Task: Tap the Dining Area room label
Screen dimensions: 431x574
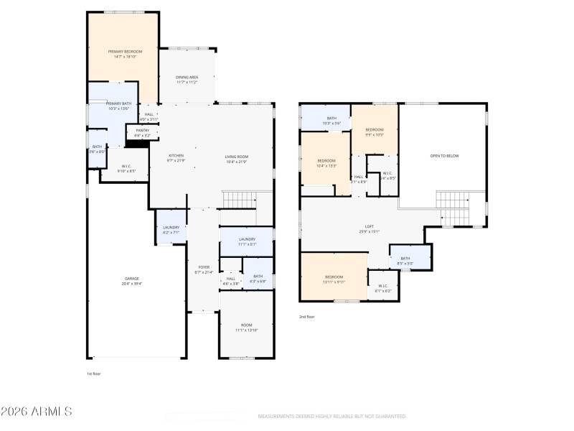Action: click(187, 79)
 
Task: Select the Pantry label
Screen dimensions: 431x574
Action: click(143, 132)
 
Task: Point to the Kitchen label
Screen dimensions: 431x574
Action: click(176, 157)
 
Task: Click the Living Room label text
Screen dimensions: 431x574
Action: click(236, 157)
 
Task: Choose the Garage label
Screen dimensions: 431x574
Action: click(132, 280)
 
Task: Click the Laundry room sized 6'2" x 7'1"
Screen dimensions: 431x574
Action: click(171, 230)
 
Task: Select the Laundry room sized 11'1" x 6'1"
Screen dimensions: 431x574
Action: click(247, 241)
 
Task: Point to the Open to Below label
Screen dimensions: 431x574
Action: click(443, 155)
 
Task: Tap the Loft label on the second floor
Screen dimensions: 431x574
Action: click(369, 229)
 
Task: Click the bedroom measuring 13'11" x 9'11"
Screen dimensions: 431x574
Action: click(334, 279)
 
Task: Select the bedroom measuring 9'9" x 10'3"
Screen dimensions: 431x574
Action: click(375, 131)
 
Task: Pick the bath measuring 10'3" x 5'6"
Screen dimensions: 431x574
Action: click(331, 120)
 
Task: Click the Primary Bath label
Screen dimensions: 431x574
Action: click(118, 106)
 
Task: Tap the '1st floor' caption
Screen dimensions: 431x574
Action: click(93, 374)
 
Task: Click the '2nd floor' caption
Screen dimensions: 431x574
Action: click(306, 316)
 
